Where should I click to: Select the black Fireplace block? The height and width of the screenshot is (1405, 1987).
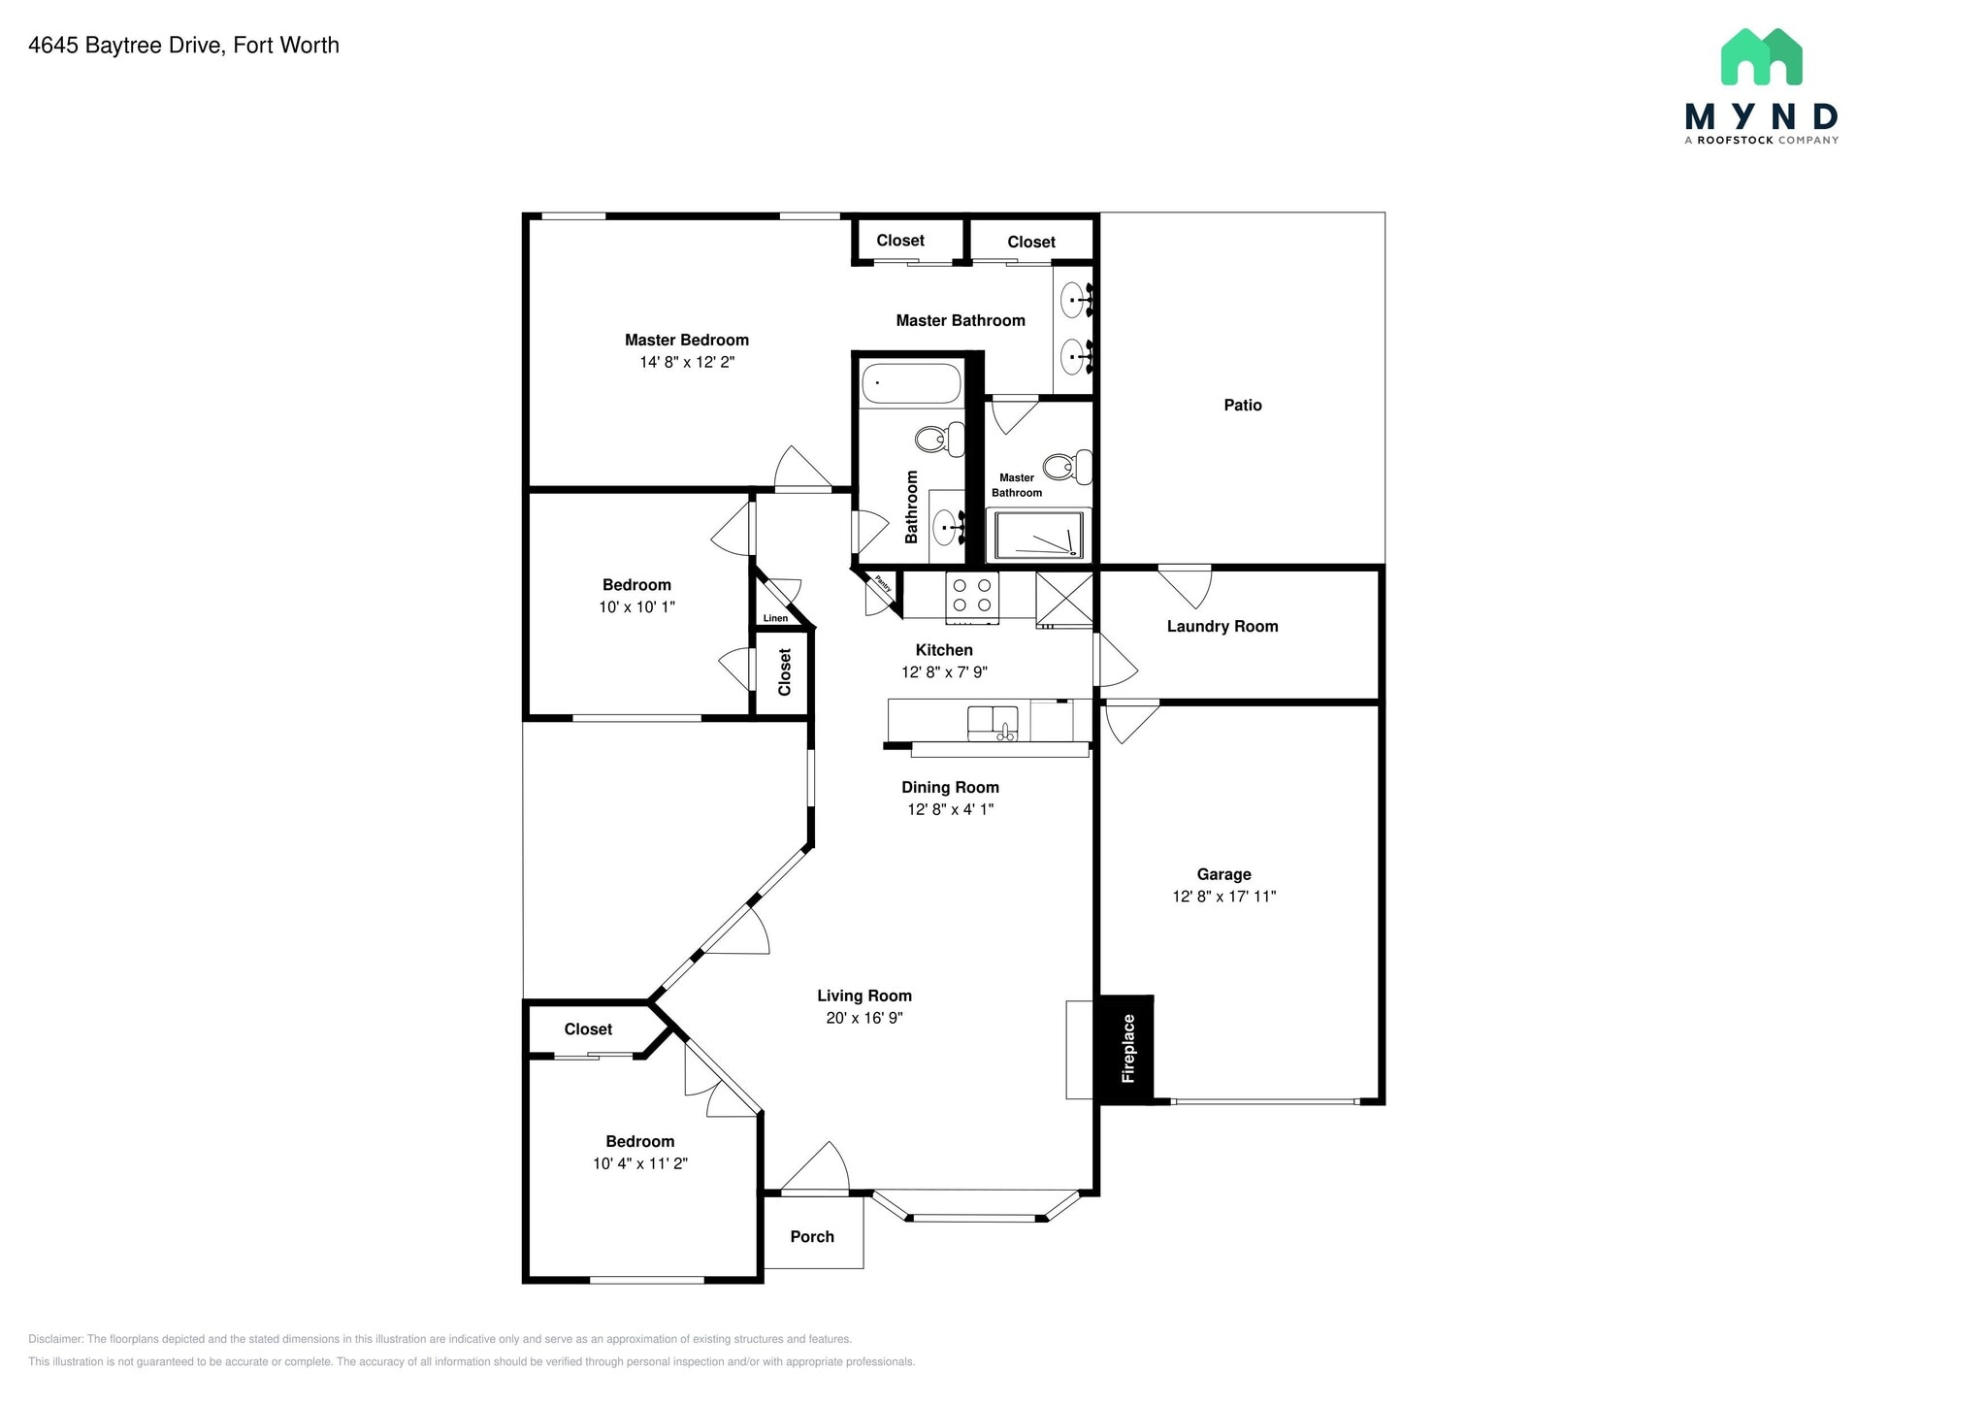tap(1125, 1049)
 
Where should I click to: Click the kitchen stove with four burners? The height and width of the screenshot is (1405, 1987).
tap(972, 596)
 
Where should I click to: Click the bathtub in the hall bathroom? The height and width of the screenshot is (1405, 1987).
tap(911, 383)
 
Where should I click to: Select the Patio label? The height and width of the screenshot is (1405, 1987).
tap(1242, 406)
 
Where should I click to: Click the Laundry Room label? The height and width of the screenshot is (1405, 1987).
tap(1222, 627)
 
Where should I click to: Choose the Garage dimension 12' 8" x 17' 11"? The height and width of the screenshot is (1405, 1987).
tap(1223, 897)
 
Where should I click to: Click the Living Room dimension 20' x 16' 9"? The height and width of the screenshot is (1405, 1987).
tap(863, 1018)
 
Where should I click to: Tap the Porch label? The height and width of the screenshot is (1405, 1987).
tap(812, 1237)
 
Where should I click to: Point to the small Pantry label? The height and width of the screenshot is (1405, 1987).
tap(883, 584)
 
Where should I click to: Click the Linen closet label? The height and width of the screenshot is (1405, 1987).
tap(775, 618)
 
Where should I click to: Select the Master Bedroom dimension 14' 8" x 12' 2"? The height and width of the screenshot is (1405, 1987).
tap(686, 362)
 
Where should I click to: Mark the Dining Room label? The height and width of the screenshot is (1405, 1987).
tap(950, 788)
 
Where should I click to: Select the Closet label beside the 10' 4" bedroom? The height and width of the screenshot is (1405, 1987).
tap(588, 1029)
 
